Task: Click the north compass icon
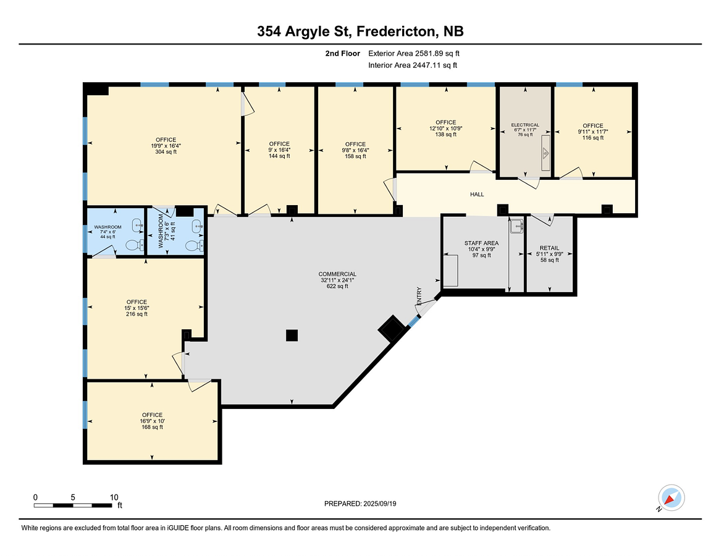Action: click(671, 498)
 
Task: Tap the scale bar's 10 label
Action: click(114, 497)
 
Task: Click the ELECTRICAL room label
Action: click(525, 125)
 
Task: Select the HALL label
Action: click(477, 195)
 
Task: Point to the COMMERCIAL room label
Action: click(337, 274)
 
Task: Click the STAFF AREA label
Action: click(481, 243)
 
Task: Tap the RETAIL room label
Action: click(549, 248)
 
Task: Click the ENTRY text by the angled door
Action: click(419, 295)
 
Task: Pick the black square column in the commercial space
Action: click(292, 335)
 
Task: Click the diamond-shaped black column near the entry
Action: click(392, 328)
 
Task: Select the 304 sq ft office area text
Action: click(166, 152)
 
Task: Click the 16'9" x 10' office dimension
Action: click(152, 421)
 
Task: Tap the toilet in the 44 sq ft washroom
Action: click(135, 245)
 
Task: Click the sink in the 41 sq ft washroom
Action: click(197, 226)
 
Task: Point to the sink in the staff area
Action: click(516, 226)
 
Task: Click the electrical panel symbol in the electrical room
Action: click(545, 153)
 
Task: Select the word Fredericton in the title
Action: click(396, 32)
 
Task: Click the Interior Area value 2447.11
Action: click(427, 65)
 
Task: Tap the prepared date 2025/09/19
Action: click(379, 504)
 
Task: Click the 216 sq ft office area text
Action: click(137, 314)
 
